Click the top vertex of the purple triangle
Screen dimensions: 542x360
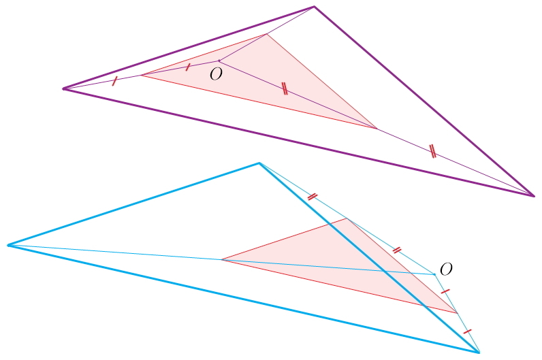pyautogui.click(x=314, y=7)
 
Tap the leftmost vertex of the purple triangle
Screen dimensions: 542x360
pyautogui.click(x=63, y=88)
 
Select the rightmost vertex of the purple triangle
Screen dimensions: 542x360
pyautogui.click(x=534, y=196)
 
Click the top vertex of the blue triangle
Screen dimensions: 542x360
pyautogui.click(x=259, y=163)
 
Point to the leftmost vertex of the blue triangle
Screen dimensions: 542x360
pyautogui.click(x=8, y=245)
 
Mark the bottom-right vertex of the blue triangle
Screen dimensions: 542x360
pyautogui.click(x=479, y=352)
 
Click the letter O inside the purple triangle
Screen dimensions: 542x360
pyautogui.click(x=216, y=75)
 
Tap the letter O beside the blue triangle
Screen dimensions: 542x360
pyautogui.click(x=446, y=269)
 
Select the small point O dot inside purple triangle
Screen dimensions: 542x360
pyautogui.click(x=219, y=61)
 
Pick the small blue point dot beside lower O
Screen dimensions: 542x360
pyautogui.click(x=434, y=274)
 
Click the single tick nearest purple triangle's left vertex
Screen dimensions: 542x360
pyautogui.click(x=114, y=81)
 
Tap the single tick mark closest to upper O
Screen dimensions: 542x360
pyautogui.click(x=188, y=67)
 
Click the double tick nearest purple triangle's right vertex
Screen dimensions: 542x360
pyautogui.click(x=432, y=152)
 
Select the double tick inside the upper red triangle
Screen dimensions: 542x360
pyautogui.click(x=285, y=88)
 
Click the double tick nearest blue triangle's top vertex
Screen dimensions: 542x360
pyautogui.click(x=312, y=197)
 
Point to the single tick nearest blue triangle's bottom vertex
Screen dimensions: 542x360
pyautogui.click(x=467, y=331)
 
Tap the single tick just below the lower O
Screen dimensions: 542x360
pyautogui.click(x=445, y=291)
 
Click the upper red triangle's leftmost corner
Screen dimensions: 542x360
pyautogui.click(x=141, y=75)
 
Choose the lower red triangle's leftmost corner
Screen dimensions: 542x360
pyautogui.click(x=221, y=259)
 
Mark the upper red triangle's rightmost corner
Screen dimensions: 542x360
pyautogui.click(x=377, y=128)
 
